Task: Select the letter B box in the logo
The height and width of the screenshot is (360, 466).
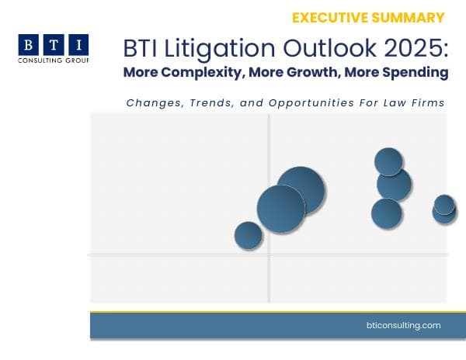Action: pyautogui.click(x=28, y=44)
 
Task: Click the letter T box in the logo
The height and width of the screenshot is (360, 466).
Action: pyautogui.click(x=53, y=44)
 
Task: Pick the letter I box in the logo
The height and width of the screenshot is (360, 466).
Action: pyautogui.click(x=78, y=44)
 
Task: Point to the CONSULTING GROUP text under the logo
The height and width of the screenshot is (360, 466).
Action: pyautogui.click(x=53, y=61)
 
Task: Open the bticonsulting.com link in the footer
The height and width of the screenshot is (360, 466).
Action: pyautogui.click(x=402, y=325)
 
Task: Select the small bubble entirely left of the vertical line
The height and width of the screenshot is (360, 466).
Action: pyautogui.click(x=249, y=235)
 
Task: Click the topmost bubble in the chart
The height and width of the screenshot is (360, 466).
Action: pyautogui.click(x=388, y=161)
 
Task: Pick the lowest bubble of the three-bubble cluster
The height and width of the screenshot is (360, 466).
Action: pyautogui.click(x=386, y=213)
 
